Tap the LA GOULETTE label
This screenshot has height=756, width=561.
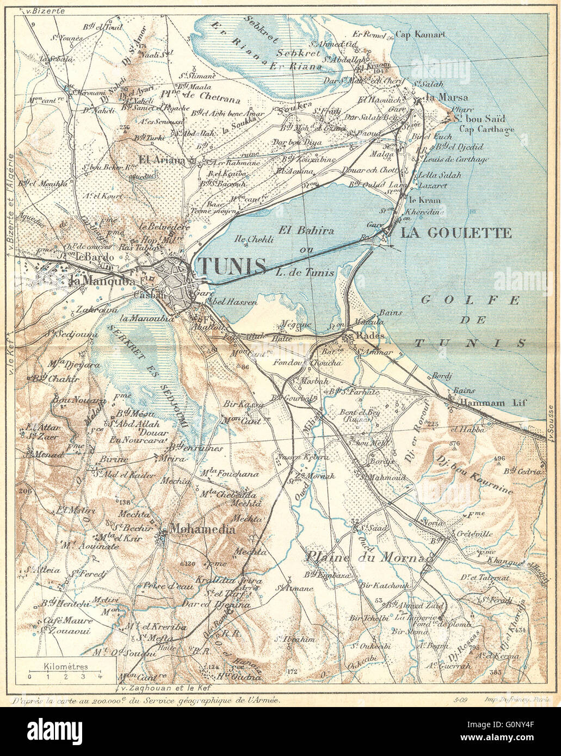click(456, 233)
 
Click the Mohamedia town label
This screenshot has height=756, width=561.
click(203, 529)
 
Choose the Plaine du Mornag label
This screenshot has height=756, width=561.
click(369, 557)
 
